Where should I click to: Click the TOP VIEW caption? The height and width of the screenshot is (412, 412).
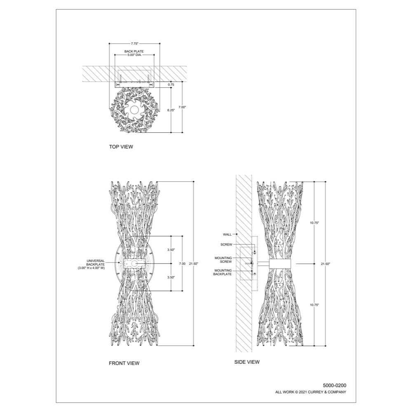pyautogui.click(x=121, y=147)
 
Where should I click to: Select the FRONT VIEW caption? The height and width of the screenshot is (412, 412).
pyautogui.click(x=124, y=363)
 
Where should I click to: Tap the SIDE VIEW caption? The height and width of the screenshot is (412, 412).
pyautogui.click(x=247, y=362)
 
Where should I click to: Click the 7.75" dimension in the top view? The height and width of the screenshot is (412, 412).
pyautogui.click(x=135, y=44)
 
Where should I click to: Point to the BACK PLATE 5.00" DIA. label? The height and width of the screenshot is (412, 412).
pyautogui.click(x=134, y=53)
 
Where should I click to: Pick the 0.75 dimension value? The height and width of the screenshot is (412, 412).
pyautogui.click(x=171, y=84)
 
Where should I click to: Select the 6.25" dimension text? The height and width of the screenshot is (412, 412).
pyautogui.click(x=171, y=110)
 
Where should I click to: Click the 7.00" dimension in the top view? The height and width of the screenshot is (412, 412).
pyautogui.click(x=183, y=107)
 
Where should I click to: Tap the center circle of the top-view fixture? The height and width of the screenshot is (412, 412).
pyautogui.click(x=134, y=110)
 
